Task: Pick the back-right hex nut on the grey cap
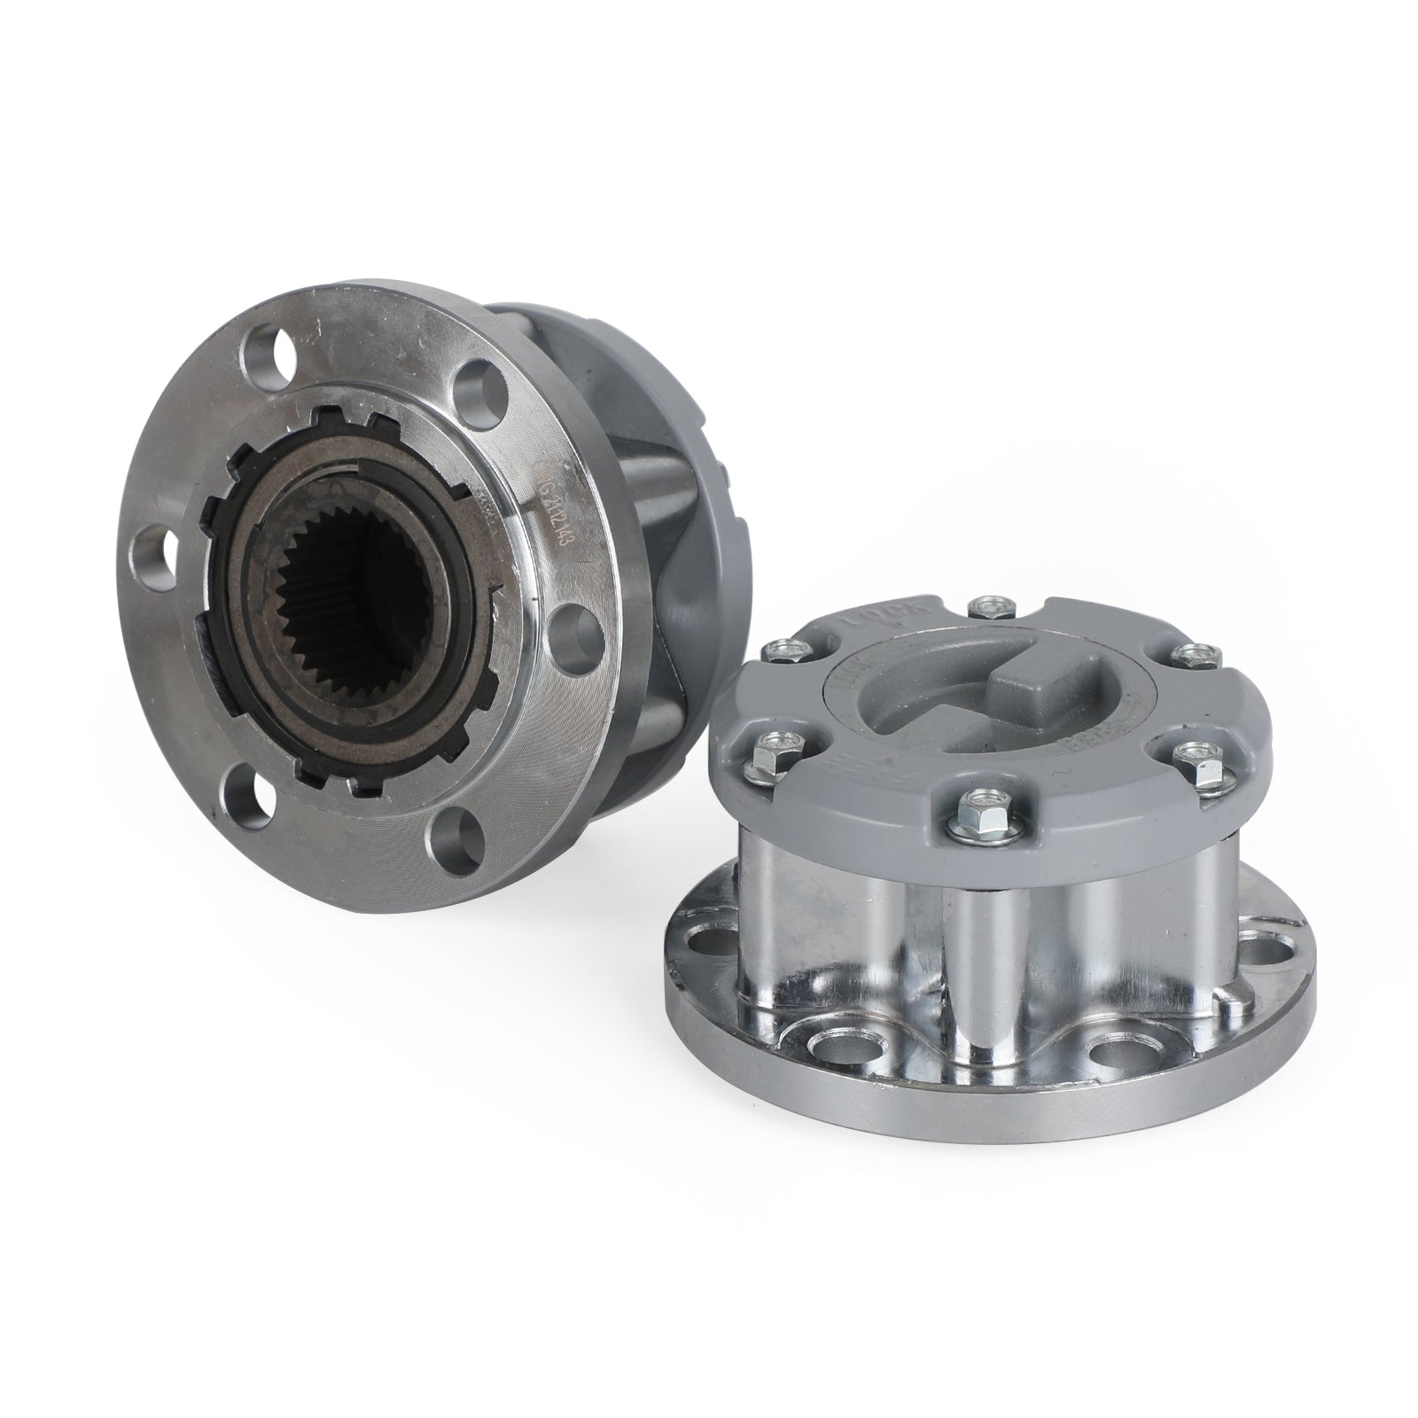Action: pos(1184,653)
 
